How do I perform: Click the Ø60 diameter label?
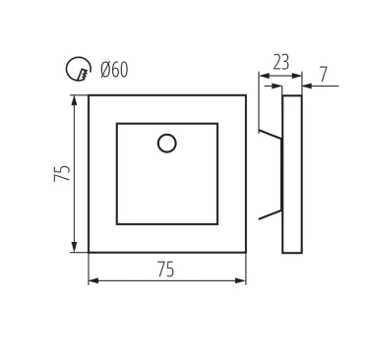pos(114,70)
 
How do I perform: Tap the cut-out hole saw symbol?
pos(78,69)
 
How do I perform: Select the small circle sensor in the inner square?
pos(167,144)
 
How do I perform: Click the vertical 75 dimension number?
pos(62,173)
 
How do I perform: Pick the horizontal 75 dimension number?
pos(165,270)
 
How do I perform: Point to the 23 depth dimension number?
pos(281,63)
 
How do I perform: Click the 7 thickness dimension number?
pos(324,75)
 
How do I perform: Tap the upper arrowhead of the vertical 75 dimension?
pos(75,100)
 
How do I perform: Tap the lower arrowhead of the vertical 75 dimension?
pos(75,247)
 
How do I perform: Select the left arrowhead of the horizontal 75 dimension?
pos(93,281)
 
